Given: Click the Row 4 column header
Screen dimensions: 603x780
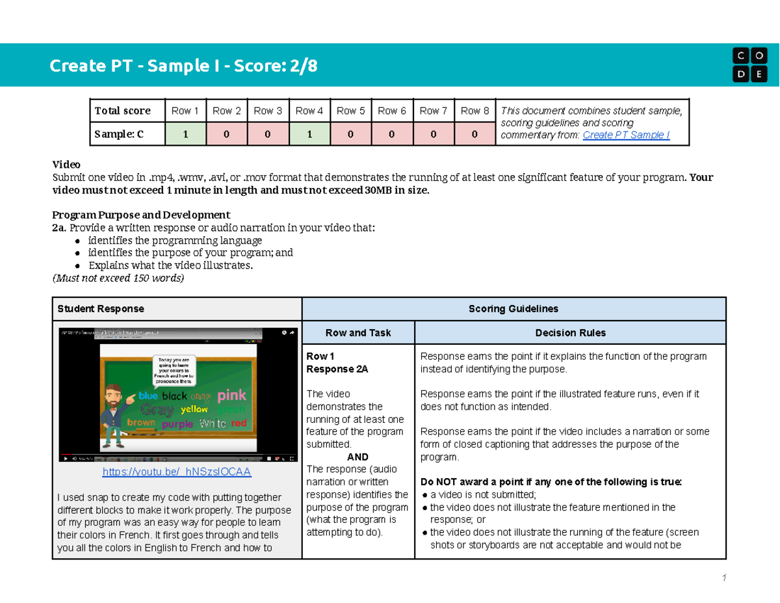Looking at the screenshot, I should click(309, 111).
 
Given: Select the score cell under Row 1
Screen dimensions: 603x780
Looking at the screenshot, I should click(185, 134).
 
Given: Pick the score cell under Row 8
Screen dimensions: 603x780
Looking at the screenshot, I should click(474, 134).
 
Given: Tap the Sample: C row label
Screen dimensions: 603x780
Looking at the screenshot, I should click(119, 134).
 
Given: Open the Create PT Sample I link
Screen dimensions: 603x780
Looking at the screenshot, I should click(626, 135).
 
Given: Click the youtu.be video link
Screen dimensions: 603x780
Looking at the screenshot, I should click(177, 472).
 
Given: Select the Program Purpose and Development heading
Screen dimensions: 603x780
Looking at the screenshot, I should click(140, 215).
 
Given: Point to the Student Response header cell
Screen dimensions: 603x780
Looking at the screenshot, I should click(101, 308).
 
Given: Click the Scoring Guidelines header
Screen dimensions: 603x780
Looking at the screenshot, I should click(513, 308).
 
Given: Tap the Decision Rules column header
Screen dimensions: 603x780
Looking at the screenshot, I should click(570, 332).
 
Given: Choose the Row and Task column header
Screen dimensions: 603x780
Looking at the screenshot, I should click(358, 332).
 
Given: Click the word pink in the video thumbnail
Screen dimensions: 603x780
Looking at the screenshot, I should click(231, 395).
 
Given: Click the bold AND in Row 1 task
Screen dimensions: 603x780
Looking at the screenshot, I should click(358, 457).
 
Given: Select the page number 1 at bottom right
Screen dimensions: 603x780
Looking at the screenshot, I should click(722, 578).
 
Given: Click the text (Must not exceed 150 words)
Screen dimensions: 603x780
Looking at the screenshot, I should click(118, 278).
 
